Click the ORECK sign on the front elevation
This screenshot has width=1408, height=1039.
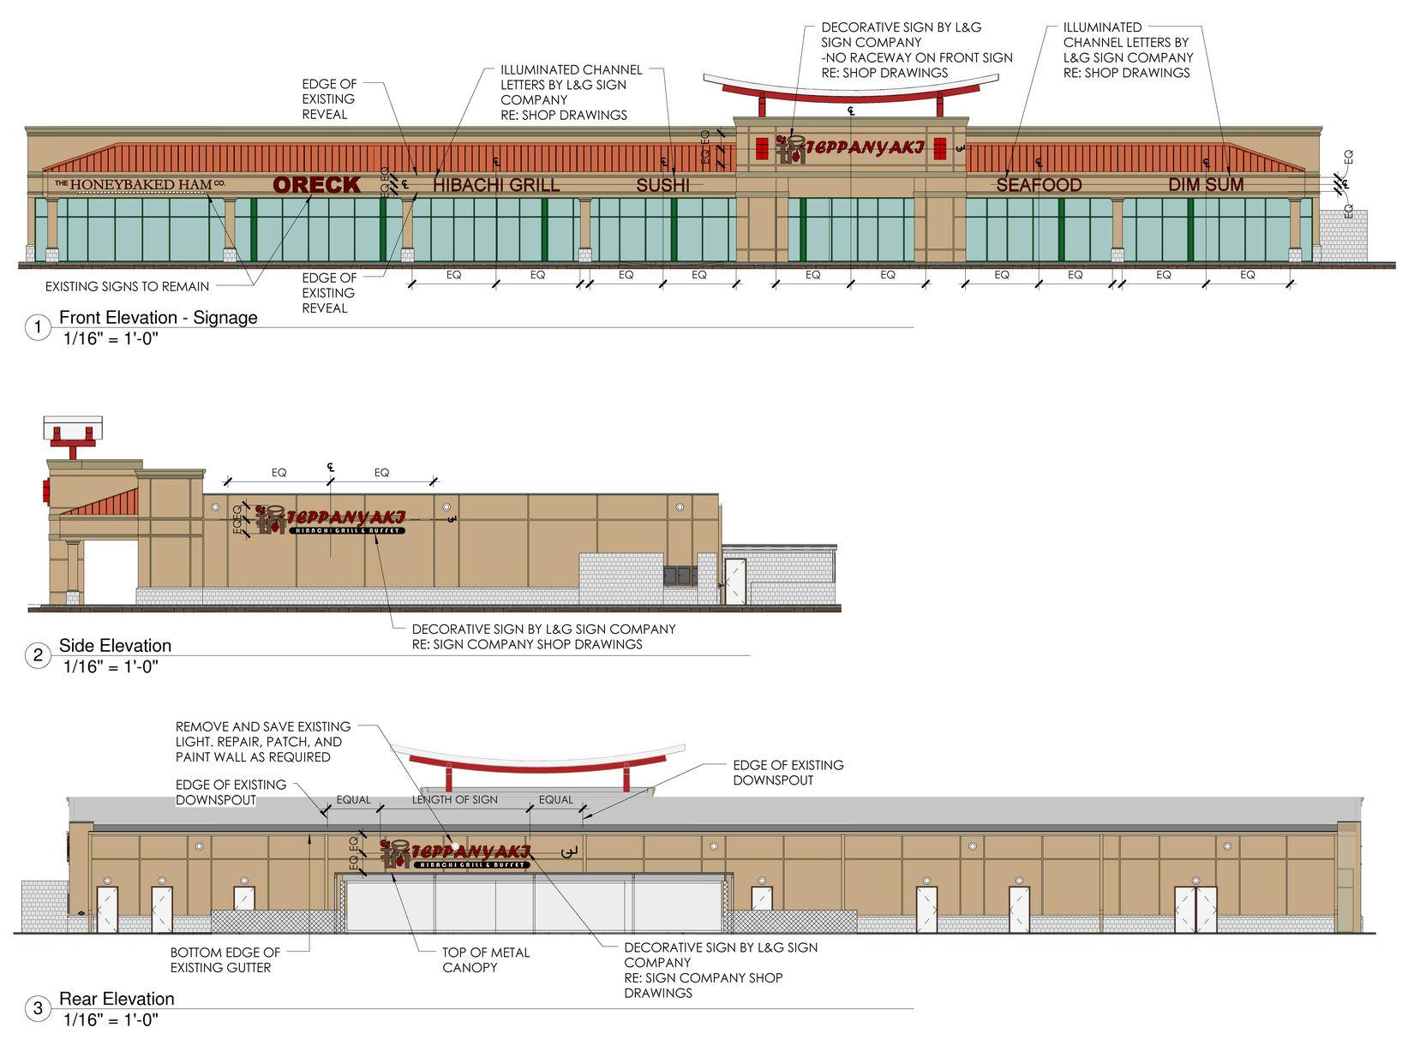coord(316,184)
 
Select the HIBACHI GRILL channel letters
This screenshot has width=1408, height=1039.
coord(495,185)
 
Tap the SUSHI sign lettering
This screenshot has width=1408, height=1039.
coord(662,185)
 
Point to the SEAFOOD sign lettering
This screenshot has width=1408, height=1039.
coord(1039,185)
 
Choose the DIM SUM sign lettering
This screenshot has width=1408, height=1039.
coord(1206,185)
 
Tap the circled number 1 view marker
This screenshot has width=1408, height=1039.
coord(38,327)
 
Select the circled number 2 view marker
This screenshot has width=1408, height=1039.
coord(38,656)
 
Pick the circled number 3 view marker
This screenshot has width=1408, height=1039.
coord(38,1009)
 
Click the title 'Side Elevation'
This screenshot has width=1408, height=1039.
coord(115,646)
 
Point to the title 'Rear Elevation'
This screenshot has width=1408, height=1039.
coord(117,999)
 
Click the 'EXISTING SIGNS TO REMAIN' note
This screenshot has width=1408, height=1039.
coord(127,286)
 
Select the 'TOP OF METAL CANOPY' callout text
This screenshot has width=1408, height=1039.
coord(486,959)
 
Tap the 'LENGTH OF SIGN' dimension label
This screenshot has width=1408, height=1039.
coord(454,800)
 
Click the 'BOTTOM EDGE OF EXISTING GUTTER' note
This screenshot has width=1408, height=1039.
coord(225,959)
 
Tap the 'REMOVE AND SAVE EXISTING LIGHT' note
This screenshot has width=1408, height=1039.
coord(262,742)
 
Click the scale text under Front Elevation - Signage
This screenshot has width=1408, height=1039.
coord(111,338)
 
